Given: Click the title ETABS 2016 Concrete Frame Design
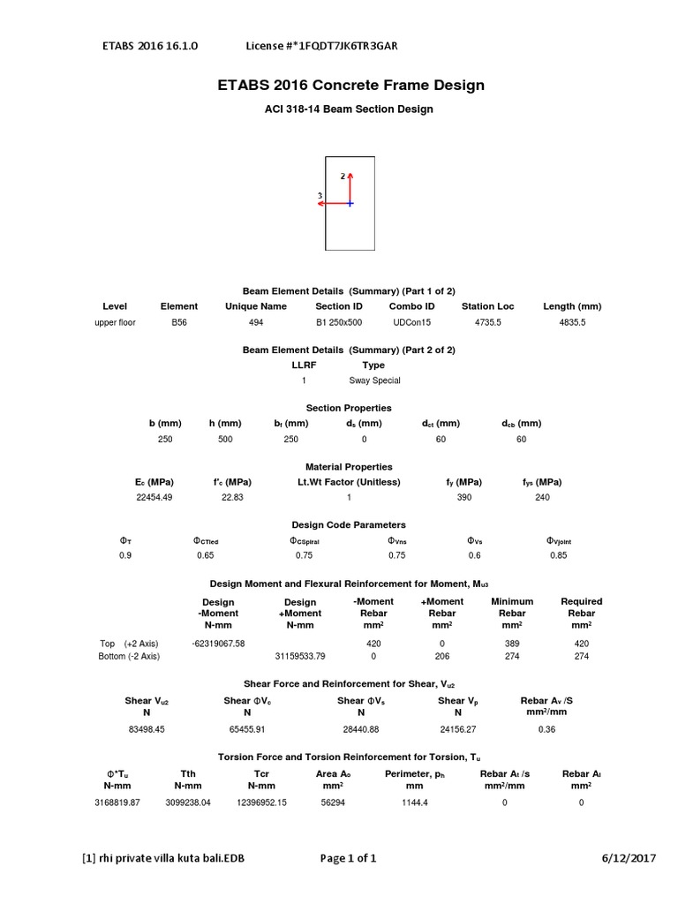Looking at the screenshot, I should coord(350,86).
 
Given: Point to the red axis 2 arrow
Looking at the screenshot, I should coord(350,187).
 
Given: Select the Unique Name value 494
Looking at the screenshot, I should coord(256,323).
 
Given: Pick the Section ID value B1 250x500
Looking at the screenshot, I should coord(339,323).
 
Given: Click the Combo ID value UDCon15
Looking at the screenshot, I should coord(412,323).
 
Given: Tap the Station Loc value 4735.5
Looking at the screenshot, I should coord(487,323).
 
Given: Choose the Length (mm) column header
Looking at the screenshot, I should coord(572,306).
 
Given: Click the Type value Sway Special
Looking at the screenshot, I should coord(374,380).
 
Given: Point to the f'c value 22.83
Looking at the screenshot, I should coord(232,497).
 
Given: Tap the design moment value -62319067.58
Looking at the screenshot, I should coord(218,644).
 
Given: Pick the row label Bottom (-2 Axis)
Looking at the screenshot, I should coord(129,657).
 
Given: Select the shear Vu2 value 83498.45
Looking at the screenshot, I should coord(147,729).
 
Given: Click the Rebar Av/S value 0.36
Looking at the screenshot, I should coord(546,729).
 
